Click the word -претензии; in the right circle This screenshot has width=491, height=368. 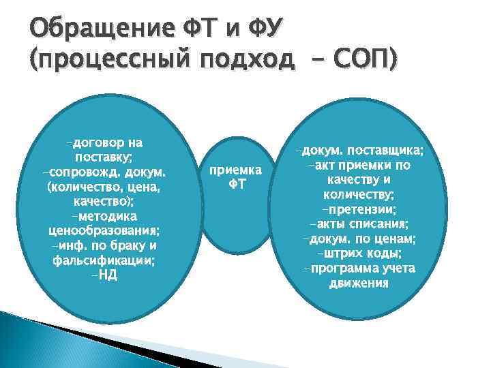click(x=359, y=209)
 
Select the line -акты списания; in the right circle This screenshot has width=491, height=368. click(x=359, y=224)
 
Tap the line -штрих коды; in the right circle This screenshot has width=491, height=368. click(x=359, y=253)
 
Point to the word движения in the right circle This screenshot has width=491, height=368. click(x=359, y=282)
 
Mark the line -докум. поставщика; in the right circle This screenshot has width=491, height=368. click(x=359, y=151)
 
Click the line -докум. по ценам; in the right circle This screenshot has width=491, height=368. click(x=359, y=239)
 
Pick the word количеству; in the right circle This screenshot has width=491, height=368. click(x=359, y=195)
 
